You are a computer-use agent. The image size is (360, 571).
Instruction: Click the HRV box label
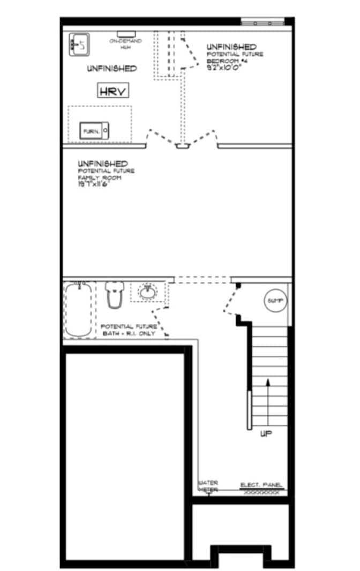pyautogui.click(x=114, y=91)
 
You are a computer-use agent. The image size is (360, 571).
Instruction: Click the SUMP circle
pyautogui.click(x=276, y=301)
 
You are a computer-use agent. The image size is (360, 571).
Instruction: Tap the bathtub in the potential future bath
pyautogui.click(x=79, y=309)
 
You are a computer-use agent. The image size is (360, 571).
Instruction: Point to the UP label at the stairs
pyautogui.click(x=266, y=434)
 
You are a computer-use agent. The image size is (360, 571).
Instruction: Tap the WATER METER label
pyautogui.click(x=208, y=485)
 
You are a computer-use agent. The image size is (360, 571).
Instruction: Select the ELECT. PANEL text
pyautogui.click(x=261, y=485)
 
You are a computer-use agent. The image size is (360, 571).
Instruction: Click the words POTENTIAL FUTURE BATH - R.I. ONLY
pyautogui.click(x=129, y=330)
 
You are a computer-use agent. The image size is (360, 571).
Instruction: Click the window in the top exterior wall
pyautogui.click(x=262, y=22)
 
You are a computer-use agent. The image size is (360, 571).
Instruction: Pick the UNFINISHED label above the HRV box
pyautogui.click(x=111, y=69)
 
